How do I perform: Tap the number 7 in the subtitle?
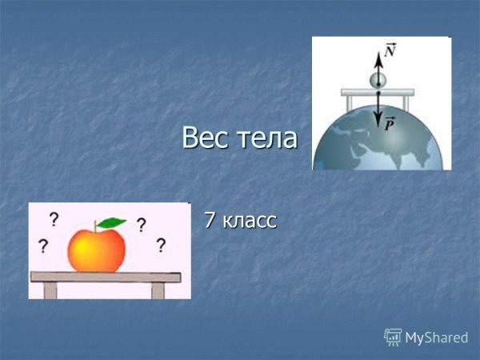coord(210,219)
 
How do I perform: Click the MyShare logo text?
coord(436,338)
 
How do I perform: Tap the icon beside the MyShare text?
coord(393,337)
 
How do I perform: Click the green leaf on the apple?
coord(112,222)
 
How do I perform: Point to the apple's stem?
coord(98,225)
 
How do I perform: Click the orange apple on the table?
coord(97,249)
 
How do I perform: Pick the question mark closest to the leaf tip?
coord(141,225)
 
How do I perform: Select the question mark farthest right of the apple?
coord(161,245)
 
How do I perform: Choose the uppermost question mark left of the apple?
coord(54,218)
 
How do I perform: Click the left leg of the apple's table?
coord(46,290)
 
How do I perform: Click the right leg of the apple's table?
coord(158,290)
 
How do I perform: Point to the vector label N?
coord(390,50)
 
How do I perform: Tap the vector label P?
coord(390,123)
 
